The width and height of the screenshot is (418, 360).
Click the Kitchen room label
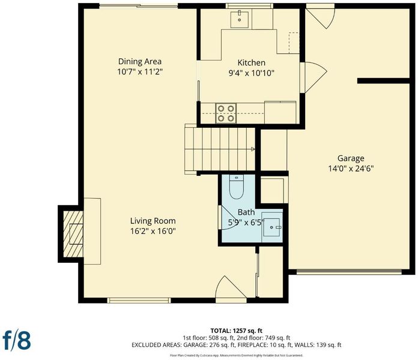tap(252, 63)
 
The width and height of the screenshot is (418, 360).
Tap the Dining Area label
tap(140, 62)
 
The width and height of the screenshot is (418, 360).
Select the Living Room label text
tap(153, 221)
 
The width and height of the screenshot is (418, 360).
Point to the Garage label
tap(351, 158)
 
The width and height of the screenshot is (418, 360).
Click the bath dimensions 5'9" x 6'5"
tap(246, 223)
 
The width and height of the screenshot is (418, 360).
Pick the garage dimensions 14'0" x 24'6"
tap(351, 169)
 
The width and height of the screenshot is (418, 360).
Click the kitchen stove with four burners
tap(226, 113)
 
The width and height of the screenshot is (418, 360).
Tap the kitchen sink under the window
tap(240, 19)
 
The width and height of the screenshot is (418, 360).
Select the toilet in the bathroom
tap(237, 187)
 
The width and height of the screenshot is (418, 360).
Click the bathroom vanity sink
tap(272, 227)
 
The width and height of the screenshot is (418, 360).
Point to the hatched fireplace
tap(73, 234)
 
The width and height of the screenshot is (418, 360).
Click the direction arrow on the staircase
tap(253, 149)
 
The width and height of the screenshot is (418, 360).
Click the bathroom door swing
tap(226, 217)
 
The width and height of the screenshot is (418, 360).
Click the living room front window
tap(139, 301)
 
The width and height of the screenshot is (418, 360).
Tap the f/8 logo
tap(17, 340)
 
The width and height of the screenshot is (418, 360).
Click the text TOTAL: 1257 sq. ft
tap(237, 331)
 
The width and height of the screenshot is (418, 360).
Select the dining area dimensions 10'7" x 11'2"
tap(140, 71)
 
